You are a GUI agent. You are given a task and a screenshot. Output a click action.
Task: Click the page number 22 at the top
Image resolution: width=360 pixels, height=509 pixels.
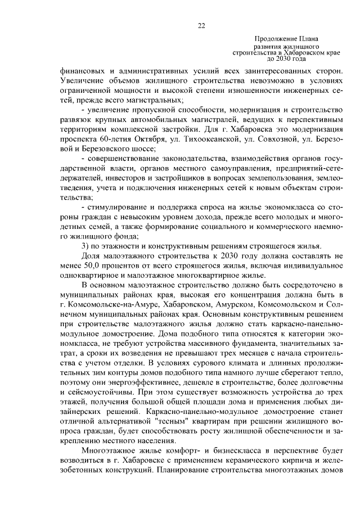tap(201, 25)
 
